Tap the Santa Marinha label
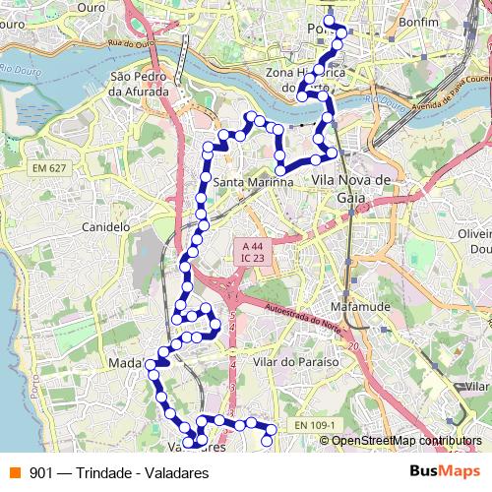pos(253,182)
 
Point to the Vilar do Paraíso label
pos(296,362)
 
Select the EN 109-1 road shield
pos(315,425)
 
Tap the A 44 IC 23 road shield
pos(252,251)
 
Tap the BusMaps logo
pos(444,472)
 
